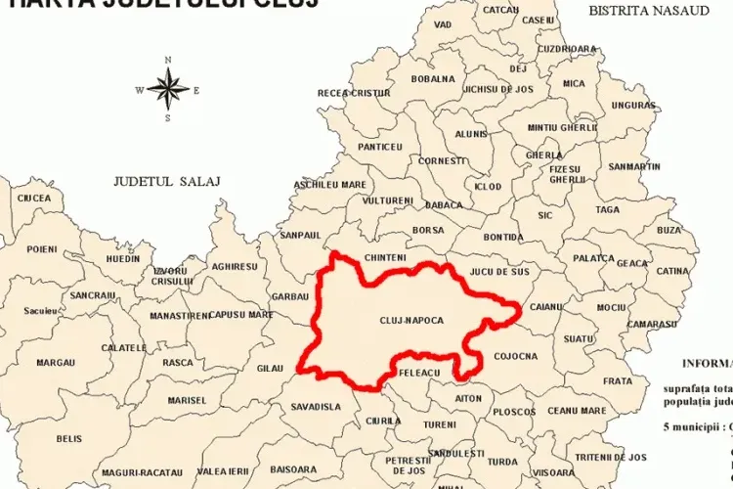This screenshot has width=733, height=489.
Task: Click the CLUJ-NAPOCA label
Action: coord(411,320)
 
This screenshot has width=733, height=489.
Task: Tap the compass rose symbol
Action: coord(168,90)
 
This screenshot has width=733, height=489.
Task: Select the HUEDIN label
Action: coord(123,258)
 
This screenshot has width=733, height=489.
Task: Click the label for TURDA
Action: coord(502,461)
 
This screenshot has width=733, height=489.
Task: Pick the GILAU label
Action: coord(269,367)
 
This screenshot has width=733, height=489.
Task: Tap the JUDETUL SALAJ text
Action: coord(167,181)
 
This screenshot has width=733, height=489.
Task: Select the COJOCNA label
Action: coord(516,356)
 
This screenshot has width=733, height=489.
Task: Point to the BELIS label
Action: coord(69,439)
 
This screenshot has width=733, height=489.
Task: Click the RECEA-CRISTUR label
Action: coord(354,92)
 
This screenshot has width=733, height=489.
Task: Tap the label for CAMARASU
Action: coord(654,324)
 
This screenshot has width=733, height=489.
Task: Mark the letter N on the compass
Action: coord(168,60)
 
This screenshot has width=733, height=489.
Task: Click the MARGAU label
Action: coord(56,362)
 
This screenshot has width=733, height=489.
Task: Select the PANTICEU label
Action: coord(380,147)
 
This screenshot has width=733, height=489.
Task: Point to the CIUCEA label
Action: coord(33,197)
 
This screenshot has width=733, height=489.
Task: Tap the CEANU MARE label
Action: coord(577,411)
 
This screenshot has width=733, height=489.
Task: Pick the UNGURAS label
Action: coord(634,105)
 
